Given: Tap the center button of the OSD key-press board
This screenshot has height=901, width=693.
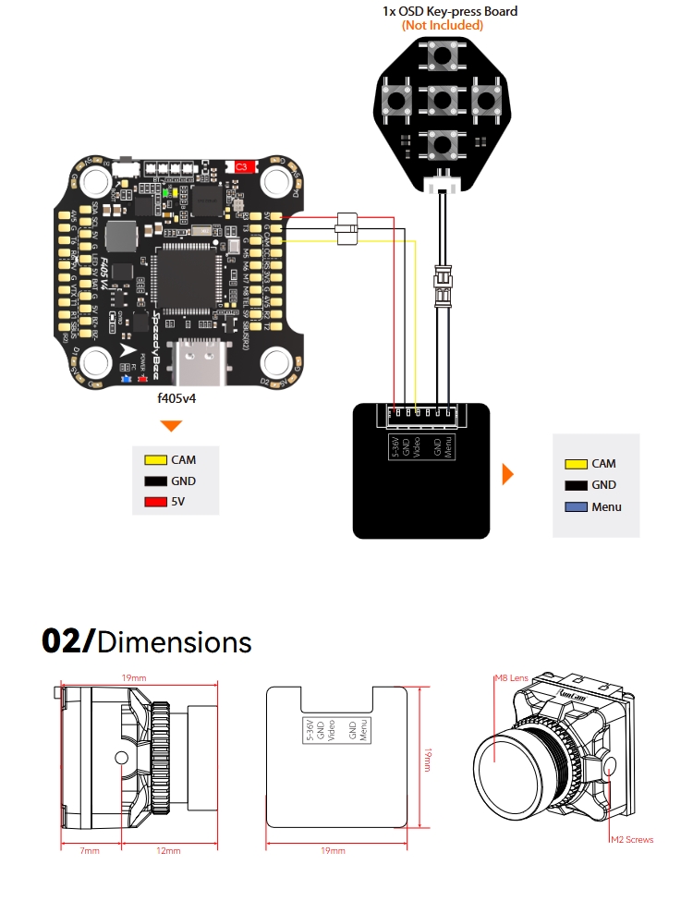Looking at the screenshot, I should coord(442,99).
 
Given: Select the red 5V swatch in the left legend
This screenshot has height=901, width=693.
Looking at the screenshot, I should coord(154,503).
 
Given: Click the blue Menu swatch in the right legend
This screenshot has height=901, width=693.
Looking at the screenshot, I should coord(576,506).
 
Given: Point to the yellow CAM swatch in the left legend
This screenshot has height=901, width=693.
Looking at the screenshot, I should coord(154,459).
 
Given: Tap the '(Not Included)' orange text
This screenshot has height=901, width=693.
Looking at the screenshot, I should coord(442,26).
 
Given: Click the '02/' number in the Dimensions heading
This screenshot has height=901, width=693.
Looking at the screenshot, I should coord(67,641).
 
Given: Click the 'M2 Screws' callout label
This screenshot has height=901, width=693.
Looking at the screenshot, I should coord(631,840).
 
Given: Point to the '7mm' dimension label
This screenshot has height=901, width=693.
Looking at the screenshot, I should coord(89,850).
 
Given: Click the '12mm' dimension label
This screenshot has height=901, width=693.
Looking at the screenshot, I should coord(168,850).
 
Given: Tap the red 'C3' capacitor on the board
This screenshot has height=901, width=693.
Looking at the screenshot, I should coord(242,166).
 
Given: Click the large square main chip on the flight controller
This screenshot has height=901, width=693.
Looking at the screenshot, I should coord(189,280).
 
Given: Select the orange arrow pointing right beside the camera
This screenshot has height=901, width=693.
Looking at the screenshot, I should coord(507,475).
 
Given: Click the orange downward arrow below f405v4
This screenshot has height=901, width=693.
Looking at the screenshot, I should coord(172,426).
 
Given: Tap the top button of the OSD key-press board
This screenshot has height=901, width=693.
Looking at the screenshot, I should coord(442,56).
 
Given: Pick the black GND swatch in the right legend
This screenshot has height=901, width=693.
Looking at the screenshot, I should coord(576,485).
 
